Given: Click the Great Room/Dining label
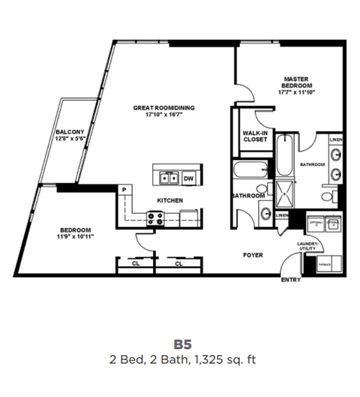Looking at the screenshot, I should click(163, 108).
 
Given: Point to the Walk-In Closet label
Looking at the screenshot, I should click(255, 136).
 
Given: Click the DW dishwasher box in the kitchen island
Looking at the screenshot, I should click(188, 179).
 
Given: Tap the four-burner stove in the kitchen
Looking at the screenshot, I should click(157, 219).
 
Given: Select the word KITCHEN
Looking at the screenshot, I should click(169, 200).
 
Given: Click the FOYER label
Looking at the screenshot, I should click(253, 255).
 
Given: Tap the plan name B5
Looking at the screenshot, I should click(184, 344).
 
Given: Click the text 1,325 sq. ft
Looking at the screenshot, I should click(224, 359).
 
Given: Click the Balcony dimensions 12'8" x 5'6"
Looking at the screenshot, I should click(73, 140).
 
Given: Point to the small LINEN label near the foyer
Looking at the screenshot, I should click(281, 216).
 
